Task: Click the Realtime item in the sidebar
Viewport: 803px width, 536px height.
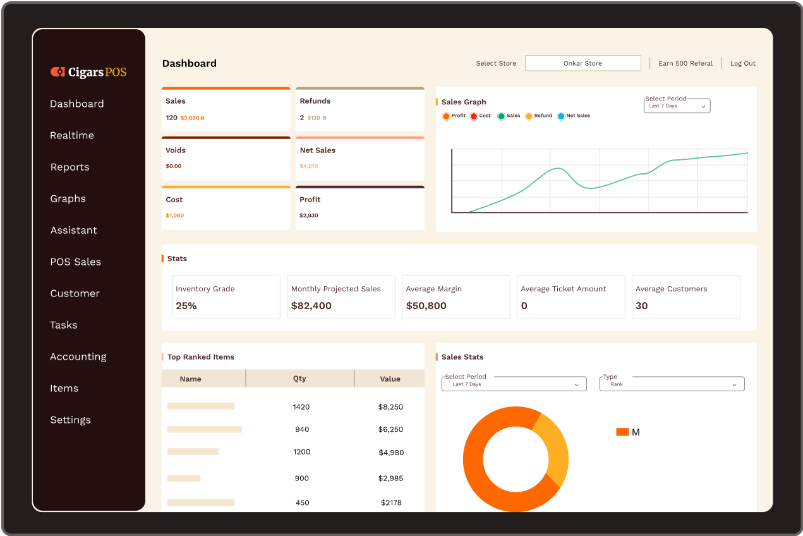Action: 72,135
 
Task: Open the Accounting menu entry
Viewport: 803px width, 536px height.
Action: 78,356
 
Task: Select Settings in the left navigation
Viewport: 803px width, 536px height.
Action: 71,420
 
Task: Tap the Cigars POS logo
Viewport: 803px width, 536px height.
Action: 88,72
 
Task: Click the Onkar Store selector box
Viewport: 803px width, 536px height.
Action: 583,63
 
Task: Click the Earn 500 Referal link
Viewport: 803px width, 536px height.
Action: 685,63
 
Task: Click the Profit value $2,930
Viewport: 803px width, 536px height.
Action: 309,216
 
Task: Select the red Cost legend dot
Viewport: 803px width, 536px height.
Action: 474,116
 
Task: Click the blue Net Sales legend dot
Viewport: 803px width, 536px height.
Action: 561,116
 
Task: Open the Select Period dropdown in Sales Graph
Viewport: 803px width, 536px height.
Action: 677,106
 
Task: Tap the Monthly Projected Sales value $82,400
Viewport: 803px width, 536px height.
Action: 311,306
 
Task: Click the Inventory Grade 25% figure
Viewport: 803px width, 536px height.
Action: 186,306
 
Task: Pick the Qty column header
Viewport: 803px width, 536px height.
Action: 299,379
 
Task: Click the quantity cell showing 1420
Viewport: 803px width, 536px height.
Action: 301,407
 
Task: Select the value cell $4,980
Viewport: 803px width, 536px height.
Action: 391,453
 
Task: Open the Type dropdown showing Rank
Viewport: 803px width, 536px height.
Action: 672,384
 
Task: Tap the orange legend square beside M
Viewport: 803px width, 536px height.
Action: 622,432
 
